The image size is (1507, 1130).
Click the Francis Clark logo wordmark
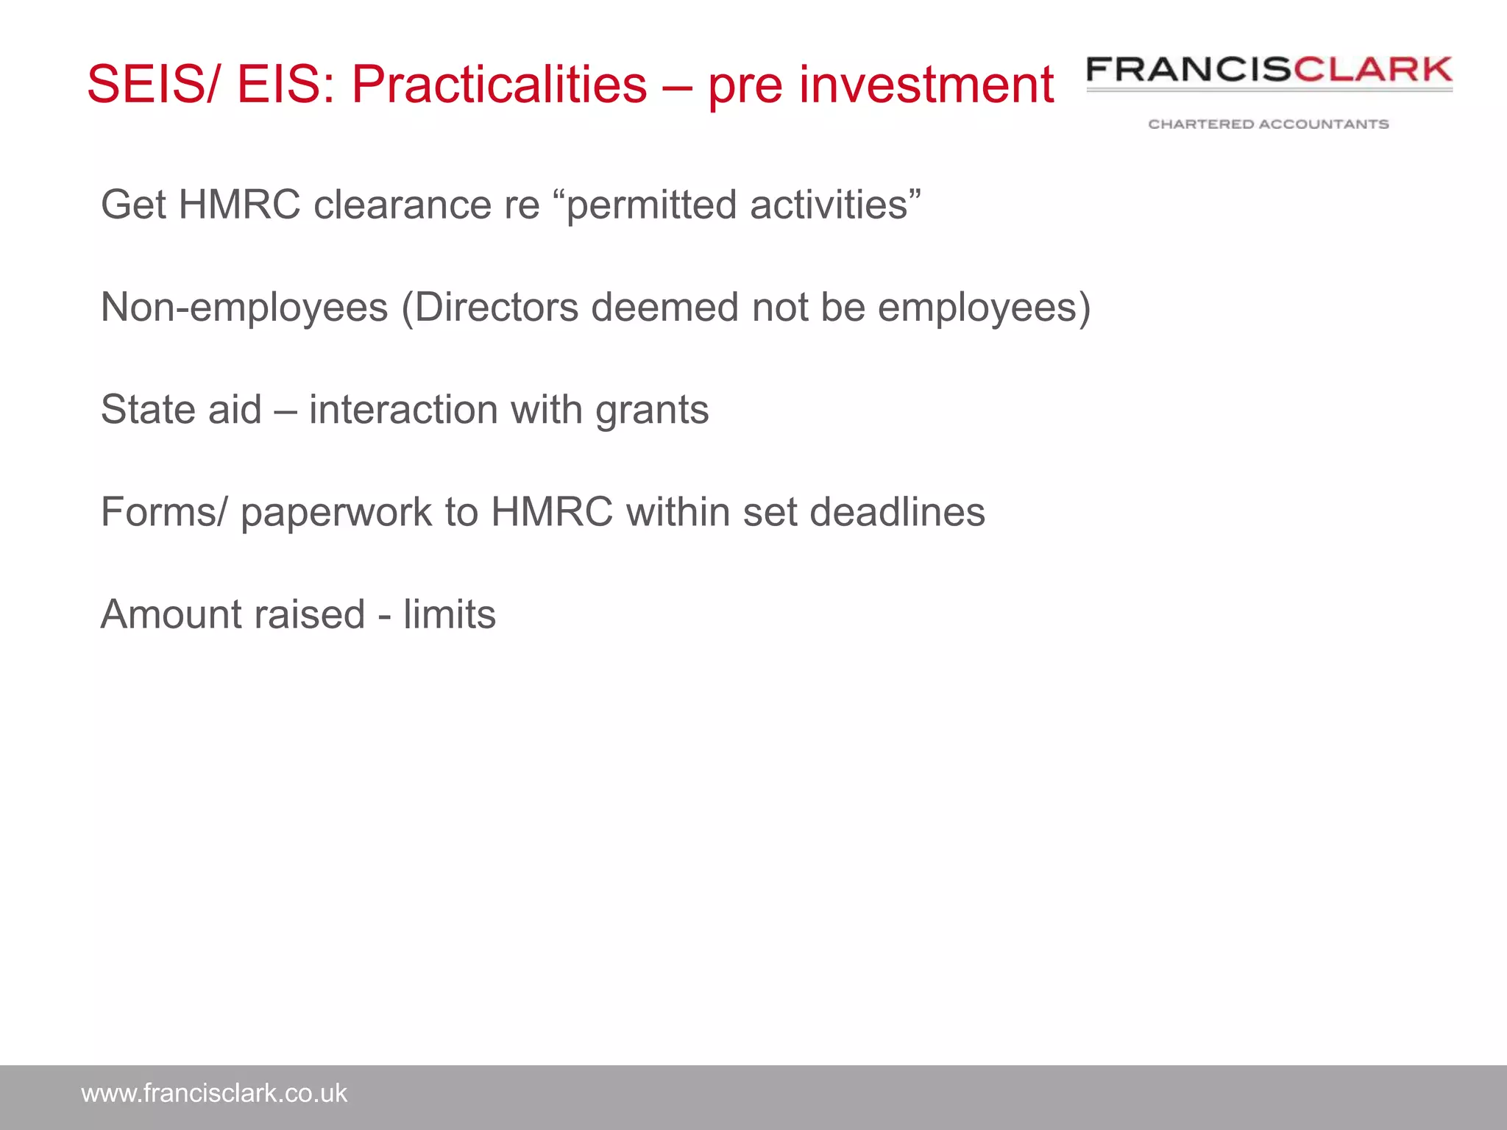(x=1269, y=71)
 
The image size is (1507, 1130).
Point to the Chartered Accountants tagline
(x=1269, y=124)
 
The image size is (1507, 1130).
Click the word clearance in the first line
(x=402, y=205)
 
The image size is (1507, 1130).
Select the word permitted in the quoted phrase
(x=652, y=205)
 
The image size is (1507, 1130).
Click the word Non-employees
(x=244, y=308)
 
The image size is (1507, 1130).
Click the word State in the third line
(x=147, y=410)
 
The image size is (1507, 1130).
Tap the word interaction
(x=403, y=410)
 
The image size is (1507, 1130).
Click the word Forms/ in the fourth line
(x=165, y=512)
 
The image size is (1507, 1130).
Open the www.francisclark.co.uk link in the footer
(x=214, y=1094)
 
